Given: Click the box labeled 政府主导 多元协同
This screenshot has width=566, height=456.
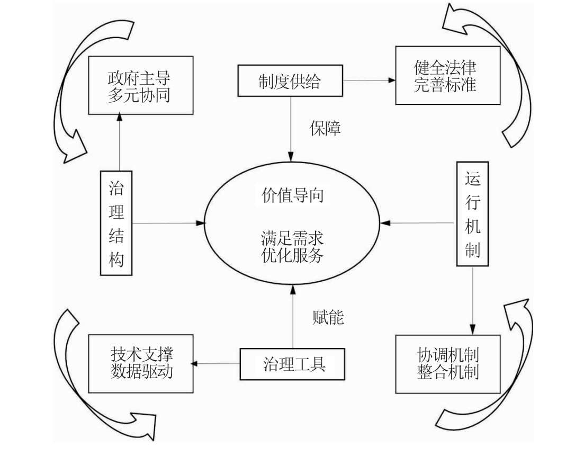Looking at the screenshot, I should click(x=140, y=86).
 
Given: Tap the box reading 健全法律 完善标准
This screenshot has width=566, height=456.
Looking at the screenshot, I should click(x=447, y=76).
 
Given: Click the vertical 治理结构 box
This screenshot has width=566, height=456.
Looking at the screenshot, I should click(x=116, y=223).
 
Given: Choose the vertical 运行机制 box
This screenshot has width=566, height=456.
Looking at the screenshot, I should click(x=472, y=213).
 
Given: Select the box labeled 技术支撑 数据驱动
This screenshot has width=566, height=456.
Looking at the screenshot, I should click(x=141, y=363).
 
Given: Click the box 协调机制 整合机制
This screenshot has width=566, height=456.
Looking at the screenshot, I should click(x=447, y=363).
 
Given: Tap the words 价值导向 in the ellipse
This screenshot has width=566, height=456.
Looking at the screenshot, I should click(x=292, y=195).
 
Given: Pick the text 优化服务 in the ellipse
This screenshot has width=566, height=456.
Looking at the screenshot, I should click(x=292, y=255).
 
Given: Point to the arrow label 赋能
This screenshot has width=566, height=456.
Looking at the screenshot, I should click(x=327, y=318).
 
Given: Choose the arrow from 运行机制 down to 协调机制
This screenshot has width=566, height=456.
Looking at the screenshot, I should click(x=472, y=299).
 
